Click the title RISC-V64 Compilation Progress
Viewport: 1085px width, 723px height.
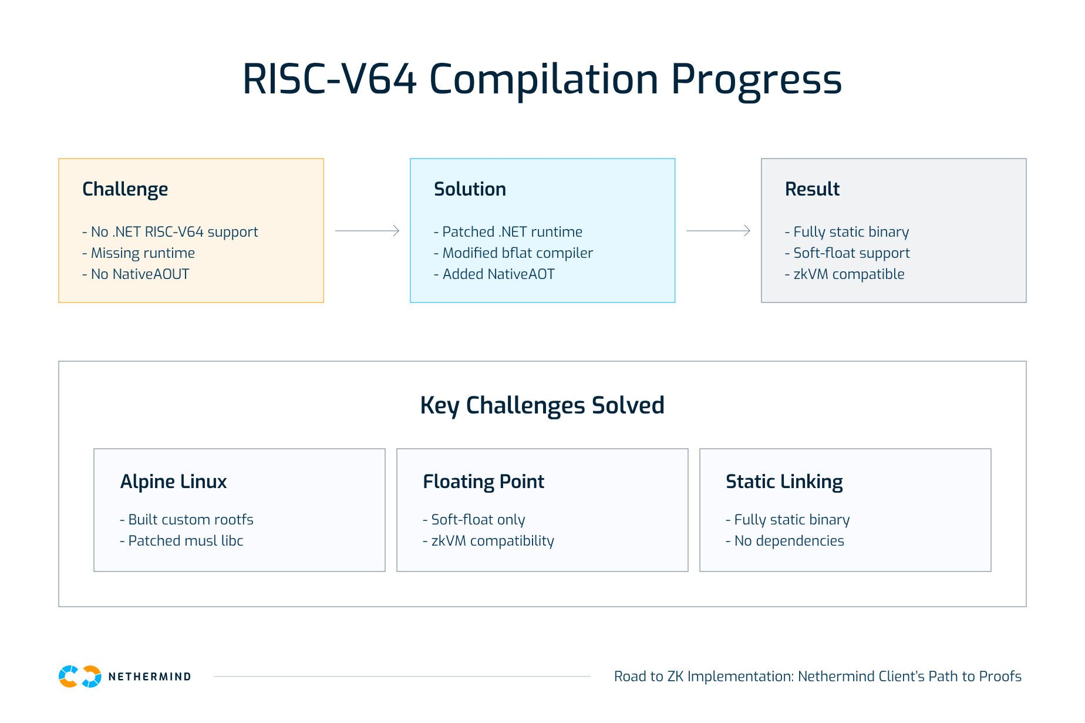tap(542, 79)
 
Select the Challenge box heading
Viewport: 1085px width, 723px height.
tap(125, 189)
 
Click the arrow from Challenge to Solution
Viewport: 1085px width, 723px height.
tap(367, 231)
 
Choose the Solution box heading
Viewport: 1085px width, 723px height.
tap(470, 189)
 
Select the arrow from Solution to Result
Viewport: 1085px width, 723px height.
tap(718, 231)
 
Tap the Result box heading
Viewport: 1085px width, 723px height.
tap(812, 189)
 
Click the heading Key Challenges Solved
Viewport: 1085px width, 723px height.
tap(542, 405)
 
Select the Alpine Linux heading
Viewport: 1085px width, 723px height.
tap(173, 482)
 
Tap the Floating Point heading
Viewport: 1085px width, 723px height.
tap(483, 482)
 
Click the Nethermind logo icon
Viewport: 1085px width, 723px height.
tap(80, 677)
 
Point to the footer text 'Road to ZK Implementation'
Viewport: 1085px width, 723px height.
tap(817, 677)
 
